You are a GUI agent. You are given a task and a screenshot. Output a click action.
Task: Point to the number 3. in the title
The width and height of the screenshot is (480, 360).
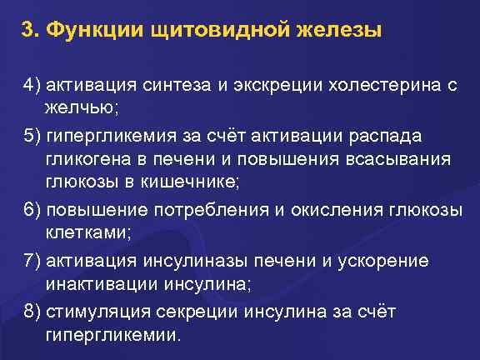32,31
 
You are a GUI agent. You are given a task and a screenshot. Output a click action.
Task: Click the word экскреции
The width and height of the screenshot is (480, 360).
277,87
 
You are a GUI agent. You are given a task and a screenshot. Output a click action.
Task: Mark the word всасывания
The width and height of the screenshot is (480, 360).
407,159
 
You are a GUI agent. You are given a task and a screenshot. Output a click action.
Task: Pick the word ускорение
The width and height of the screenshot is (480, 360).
385,261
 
